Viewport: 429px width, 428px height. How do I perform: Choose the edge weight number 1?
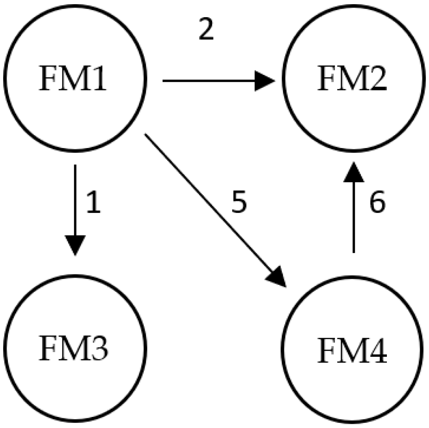[93, 203]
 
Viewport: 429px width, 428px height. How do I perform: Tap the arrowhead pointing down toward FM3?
[75, 245]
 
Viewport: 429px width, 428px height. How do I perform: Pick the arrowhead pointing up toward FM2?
[353, 172]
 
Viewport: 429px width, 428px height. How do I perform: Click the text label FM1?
[74, 80]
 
